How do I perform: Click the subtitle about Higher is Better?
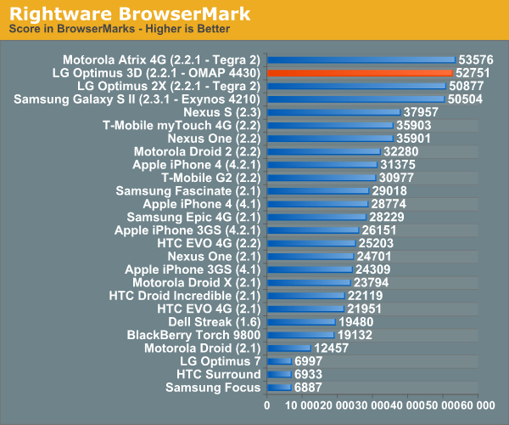[119, 30]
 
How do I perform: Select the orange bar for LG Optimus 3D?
[360, 73]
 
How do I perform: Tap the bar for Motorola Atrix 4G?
[361, 60]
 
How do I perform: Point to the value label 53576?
[476, 60]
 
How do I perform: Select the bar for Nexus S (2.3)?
[333, 112]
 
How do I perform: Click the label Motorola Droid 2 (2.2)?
[197, 151]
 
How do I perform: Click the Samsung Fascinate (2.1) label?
[188, 190]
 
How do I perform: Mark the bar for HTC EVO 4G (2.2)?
[311, 243]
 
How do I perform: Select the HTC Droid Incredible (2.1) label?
[185, 296]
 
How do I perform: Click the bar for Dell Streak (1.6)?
[301, 322]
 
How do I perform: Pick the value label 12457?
[332, 348]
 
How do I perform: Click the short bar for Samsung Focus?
[279, 388]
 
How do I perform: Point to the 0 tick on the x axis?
[267, 406]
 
